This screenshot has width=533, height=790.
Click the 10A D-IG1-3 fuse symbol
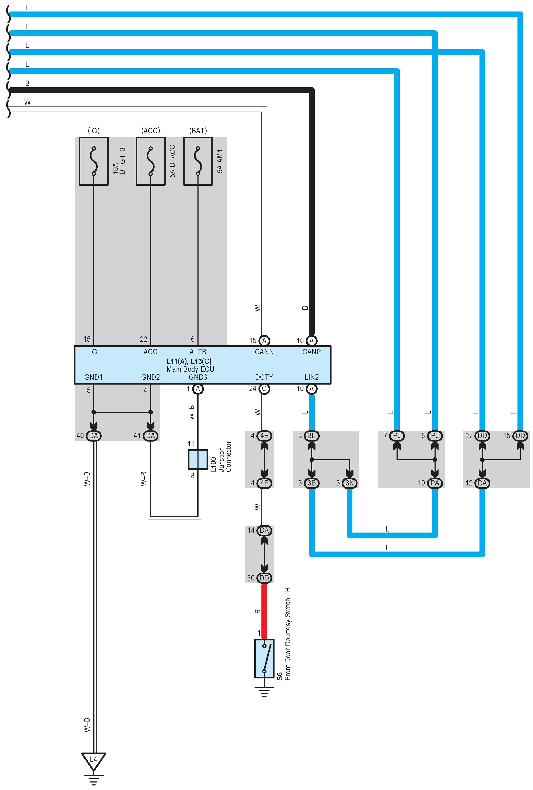click(x=93, y=161)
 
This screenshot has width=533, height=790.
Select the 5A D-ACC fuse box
click(x=151, y=161)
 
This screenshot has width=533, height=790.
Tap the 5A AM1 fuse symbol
click(x=198, y=161)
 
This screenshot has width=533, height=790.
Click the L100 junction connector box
click(x=198, y=459)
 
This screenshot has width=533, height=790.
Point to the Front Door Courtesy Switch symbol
click(x=264, y=658)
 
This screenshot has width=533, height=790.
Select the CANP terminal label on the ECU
click(x=311, y=352)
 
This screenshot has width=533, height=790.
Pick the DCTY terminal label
click(x=264, y=377)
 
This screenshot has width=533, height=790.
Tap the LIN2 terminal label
click(x=311, y=377)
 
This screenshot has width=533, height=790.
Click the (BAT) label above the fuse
click(x=198, y=131)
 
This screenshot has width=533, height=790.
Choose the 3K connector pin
click(x=349, y=483)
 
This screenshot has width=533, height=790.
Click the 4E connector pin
click(x=264, y=436)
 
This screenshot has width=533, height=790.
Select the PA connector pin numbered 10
click(x=435, y=483)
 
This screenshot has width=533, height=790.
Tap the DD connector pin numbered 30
click(x=264, y=578)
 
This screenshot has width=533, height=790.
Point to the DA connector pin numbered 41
click(x=151, y=436)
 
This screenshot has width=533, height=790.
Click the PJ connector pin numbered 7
click(x=397, y=436)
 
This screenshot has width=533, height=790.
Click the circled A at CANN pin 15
click(x=264, y=340)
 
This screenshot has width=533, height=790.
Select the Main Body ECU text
click(x=190, y=369)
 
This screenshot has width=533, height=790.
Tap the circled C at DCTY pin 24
click(x=264, y=389)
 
